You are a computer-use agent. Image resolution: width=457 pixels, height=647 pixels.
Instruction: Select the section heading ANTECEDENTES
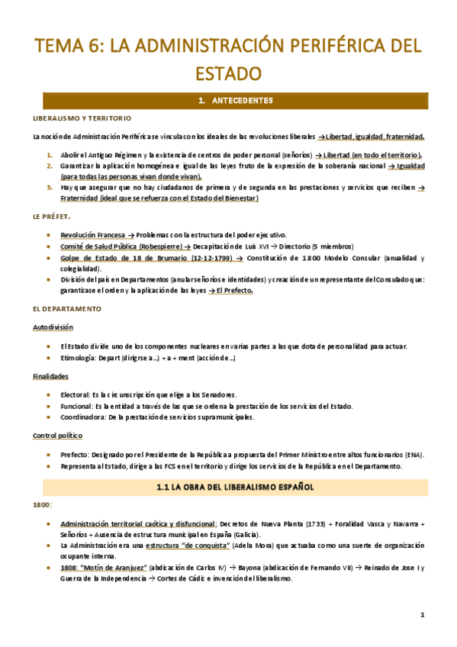point(235,100)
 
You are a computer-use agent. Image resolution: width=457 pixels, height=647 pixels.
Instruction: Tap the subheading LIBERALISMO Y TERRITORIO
point(82,118)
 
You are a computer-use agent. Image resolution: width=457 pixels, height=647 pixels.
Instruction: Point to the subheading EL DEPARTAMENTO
point(66,308)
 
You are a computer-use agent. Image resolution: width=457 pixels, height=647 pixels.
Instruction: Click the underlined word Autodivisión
point(53,327)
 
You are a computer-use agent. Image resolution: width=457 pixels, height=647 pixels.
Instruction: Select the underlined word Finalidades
point(51,376)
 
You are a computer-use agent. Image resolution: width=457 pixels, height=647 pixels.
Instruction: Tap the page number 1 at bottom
point(422,614)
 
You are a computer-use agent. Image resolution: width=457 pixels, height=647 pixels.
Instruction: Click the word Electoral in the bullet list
point(75,394)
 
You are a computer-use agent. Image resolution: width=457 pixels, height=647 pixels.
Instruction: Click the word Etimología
point(79,358)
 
